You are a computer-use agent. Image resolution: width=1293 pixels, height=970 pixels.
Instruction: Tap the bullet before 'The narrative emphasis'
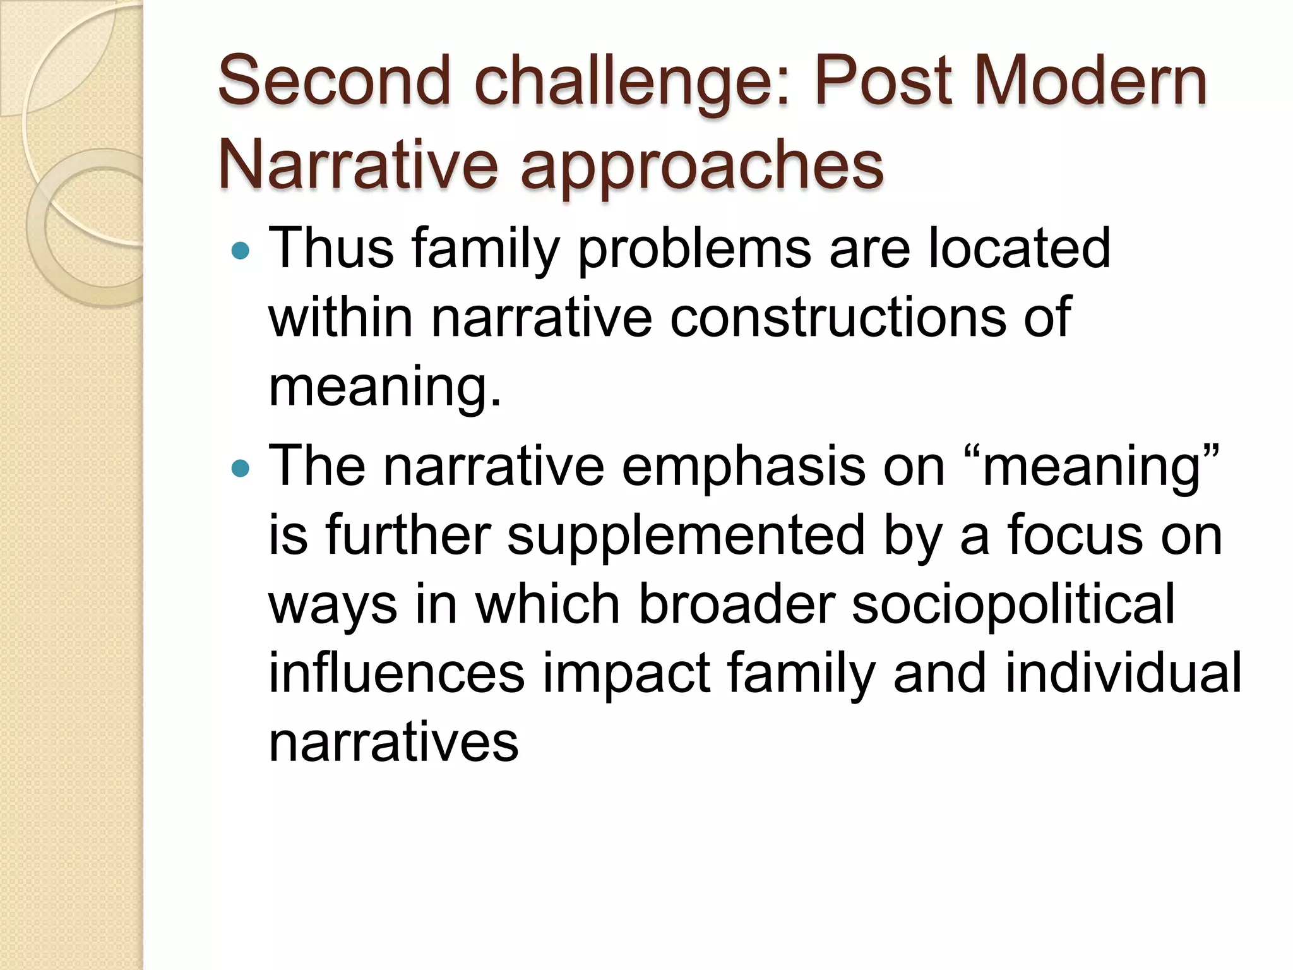[241, 468]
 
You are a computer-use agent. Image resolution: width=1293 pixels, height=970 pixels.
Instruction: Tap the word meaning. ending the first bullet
[384, 388]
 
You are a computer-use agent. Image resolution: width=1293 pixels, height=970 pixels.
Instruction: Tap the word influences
[396, 673]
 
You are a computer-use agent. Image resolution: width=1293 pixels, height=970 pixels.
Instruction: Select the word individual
[1123, 673]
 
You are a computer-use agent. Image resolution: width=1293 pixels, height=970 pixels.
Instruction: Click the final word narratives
[393, 742]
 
